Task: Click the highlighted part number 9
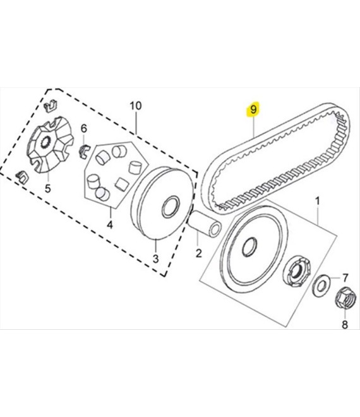(253, 109)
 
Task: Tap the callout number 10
(136, 106)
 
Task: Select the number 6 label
(84, 129)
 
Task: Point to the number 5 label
(47, 188)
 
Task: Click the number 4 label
(110, 225)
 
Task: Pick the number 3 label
(156, 258)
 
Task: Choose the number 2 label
(198, 253)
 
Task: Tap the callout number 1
(317, 202)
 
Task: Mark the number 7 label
(345, 278)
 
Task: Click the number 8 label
(345, 325)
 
